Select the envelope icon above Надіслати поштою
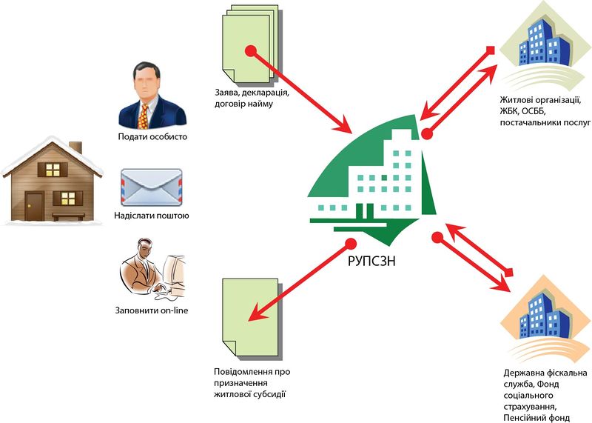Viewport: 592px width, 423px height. tap(150, 187)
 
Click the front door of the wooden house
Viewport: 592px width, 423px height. tap(34, 204)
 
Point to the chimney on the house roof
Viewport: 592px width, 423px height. tap(75, 147)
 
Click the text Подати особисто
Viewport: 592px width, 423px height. tap(152, 137)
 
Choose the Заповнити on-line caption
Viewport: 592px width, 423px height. tap(152, 310)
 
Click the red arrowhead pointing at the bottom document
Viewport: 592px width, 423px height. tap(256, 314)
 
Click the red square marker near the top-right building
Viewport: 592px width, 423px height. tap(489, 50)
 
